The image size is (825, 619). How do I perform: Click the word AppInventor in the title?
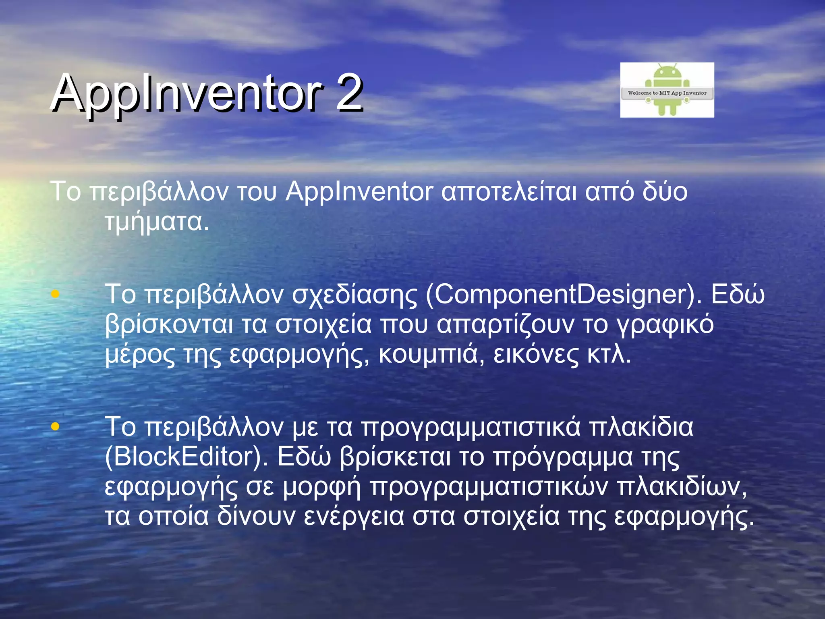[187, 93]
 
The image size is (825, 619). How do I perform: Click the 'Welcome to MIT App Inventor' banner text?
[667, 93]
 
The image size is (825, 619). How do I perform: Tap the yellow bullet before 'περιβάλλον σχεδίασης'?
[55, 294]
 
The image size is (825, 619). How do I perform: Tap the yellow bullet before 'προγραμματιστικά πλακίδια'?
[55, 426]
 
